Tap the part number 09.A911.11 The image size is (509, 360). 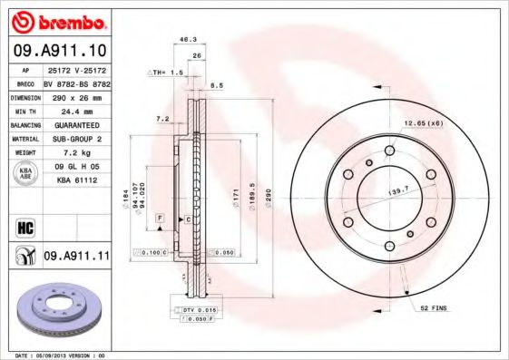[x=76, y=257]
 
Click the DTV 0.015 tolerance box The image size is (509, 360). [x=196, y=310]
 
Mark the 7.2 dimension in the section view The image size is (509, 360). [x=162, y=119]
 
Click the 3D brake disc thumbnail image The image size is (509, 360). [x=54, y=314]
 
